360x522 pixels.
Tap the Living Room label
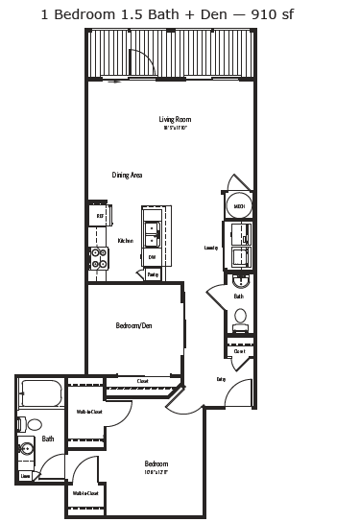click(175, 119)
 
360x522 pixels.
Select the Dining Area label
click(127, 175)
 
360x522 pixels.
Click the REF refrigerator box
click(98, 217)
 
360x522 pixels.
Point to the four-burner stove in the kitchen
click(98, 257)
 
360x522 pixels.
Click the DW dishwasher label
click(152, 257)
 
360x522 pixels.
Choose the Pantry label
click(153, 274)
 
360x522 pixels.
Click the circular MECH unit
click(239, 204)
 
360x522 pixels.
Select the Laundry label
click(211, 248)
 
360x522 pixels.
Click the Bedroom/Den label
click(133, 325)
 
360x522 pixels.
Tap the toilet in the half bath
click(240, 316)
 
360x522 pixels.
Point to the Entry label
click(221, 379)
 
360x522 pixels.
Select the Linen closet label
click(26, 474)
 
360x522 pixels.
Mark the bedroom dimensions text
click(156, 471)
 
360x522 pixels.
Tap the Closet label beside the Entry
click(239, 351)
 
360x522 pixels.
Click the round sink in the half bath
click(240, 282)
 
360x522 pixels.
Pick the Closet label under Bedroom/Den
click(142, 381)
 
